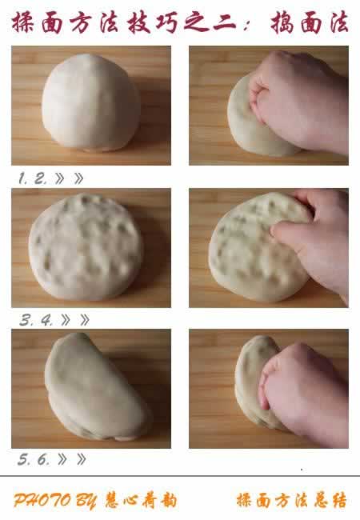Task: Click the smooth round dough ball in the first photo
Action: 90,102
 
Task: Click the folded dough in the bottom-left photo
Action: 94,387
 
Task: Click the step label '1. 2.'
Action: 33,178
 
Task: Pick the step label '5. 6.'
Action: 34,460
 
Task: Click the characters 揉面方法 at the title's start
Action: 52,22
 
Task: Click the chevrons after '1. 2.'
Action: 71,178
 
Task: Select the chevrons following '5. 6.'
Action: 73,460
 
